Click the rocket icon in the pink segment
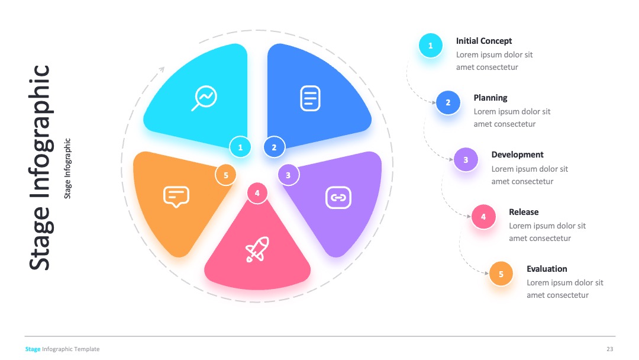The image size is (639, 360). tap(257, 249)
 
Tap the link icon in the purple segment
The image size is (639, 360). tap(338, 198)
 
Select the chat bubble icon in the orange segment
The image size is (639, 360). tap(176, 197)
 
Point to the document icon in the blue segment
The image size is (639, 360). tap(310, 98)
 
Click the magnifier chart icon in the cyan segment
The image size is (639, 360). tap(204, 98)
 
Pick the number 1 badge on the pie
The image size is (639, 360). tap(240, 147)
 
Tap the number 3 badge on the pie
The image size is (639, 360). tap(288, 175)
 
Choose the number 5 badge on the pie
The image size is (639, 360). tap(226, 175)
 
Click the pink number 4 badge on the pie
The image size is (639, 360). tap(257, 193)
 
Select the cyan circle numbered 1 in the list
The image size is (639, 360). tap(430, 46)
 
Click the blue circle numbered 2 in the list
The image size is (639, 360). tap(448, 102)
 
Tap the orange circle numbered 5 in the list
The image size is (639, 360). tap(501, 274)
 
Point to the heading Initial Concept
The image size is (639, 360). tap(484, 41)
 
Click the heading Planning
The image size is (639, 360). tap(490, 98)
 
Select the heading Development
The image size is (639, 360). tap(517, 155)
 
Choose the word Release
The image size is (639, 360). tap(524, 212)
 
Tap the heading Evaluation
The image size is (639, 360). tap(547, 269)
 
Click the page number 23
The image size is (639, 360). tap(609, 349)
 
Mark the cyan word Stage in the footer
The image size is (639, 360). tap(33, 349)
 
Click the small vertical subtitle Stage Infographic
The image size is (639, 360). tap(67, 168)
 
